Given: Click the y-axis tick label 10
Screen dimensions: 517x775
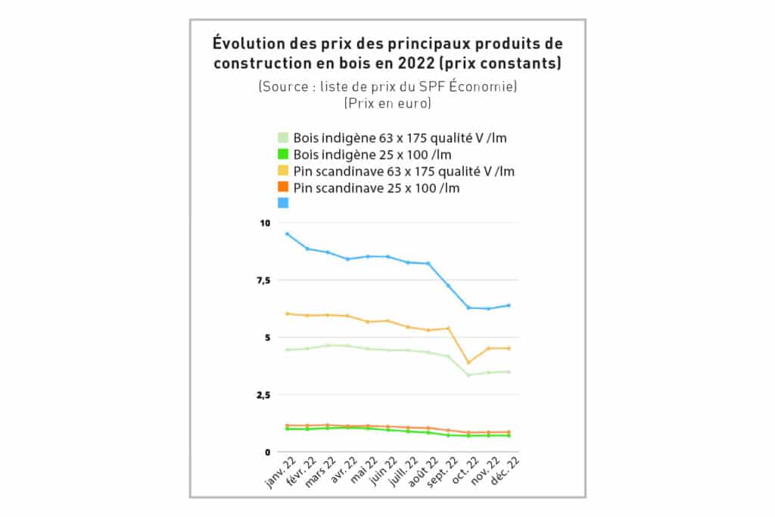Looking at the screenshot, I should point(265,223).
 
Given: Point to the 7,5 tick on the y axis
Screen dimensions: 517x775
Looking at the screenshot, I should point(264,281).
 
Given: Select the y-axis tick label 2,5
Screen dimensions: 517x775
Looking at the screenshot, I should point(264,395).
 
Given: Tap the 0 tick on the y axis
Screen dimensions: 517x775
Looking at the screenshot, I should point(267,452).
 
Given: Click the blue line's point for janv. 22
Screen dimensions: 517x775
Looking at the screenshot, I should point(287,234).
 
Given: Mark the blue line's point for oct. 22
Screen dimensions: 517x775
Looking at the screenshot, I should point(468,307).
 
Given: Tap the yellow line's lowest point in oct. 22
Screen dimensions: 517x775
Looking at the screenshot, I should point(468,363).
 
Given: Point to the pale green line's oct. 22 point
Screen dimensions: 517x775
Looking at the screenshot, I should point(468,375).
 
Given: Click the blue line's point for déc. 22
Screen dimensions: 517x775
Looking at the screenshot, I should point(509,305).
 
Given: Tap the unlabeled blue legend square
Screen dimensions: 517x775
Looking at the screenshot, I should point(282,203).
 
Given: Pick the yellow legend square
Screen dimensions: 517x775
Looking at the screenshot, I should point(282,171).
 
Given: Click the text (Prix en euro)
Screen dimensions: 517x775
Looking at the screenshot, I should point(387,103).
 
